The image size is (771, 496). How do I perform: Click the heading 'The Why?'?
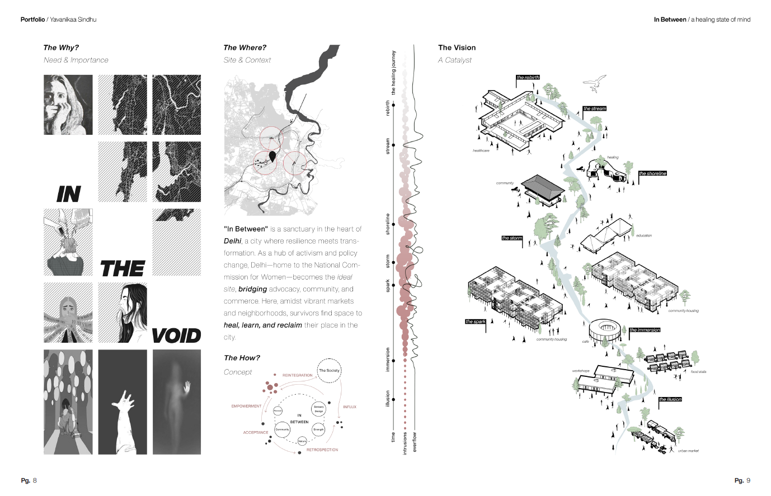coord(61,48)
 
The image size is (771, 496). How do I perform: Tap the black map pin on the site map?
coord(272,156)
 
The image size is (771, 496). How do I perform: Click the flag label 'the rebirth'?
coord(528,77)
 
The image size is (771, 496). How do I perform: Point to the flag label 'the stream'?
coord(594,108)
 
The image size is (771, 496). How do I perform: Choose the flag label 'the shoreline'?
coord(652,173)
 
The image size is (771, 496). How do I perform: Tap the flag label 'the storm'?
coord(512,238)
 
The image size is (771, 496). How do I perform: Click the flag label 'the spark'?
coord(476,322)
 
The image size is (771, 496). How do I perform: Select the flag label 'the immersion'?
coord(645,330)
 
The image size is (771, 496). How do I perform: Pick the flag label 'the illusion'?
coord(670,399)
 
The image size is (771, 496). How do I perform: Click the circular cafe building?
coord(603,328)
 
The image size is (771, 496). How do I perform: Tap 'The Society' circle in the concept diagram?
coord(329,371)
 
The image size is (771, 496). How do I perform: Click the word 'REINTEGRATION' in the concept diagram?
coord(297,375)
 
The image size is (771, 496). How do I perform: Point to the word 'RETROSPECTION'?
coord(322,450)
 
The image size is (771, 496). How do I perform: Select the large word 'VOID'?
coord(176,336)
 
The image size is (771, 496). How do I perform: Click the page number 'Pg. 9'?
coord(742,480)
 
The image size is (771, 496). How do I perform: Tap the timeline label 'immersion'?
coord(388,359)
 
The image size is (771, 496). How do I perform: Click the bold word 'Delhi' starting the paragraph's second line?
coord(232,241)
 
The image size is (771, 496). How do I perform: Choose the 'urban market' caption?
coord(688,451)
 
